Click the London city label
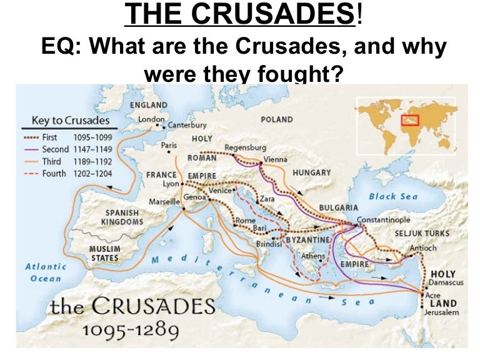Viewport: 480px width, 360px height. click(151, 119)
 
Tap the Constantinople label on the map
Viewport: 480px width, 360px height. click(383, 220)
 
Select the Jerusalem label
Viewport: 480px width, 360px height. click(441, 312)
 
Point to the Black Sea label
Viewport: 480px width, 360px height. click(392, 196)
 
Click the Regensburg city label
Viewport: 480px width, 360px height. click(245, 147)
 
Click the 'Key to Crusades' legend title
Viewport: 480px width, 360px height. click(71, 121)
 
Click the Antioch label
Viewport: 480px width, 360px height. click(423, 248)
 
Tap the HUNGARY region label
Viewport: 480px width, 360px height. click(311, 172)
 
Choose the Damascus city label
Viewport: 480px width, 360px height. click(446, 283)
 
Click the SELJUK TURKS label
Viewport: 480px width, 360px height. click(422, 233)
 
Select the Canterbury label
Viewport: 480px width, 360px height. click(187, 125)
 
